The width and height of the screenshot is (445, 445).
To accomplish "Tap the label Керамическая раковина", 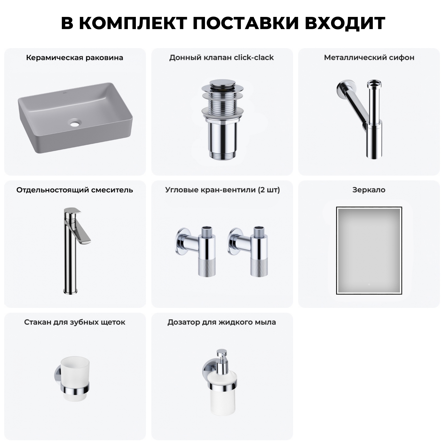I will tap(74, 58).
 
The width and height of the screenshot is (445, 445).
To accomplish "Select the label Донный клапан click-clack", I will tap(221, 58).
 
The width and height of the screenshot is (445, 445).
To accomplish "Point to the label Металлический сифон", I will tap(369, 58).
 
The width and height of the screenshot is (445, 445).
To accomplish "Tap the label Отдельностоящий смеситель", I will tap(74, 190).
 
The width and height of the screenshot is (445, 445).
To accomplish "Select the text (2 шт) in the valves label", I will tap(268, 190).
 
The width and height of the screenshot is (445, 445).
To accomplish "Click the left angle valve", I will tap(197, 251).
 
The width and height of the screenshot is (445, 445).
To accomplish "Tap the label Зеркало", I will tap(369, 190).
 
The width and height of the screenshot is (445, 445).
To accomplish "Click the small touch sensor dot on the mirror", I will tap(369, 285).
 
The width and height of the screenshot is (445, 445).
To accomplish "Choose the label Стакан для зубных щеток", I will tap(74, 322).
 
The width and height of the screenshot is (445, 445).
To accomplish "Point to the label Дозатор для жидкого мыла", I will tap(221, 322).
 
